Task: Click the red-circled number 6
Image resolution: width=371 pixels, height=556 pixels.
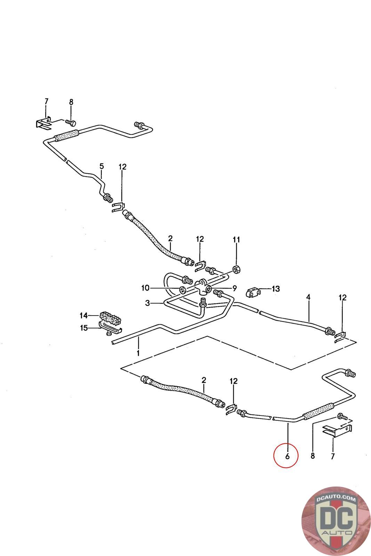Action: (x=287, y=456)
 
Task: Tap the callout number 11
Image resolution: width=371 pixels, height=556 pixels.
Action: (x=236, y=239)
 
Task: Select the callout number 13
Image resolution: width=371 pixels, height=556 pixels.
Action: (x=276, y=289)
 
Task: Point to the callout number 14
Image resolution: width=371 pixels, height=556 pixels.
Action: (x=83, y=316)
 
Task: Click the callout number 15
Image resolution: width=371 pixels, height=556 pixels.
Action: (x=84, y=328)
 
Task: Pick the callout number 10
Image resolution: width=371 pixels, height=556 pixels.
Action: (x=145, y=288)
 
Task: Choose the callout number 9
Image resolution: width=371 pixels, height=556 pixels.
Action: (x=234, y=288)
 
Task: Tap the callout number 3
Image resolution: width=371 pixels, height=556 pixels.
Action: (x=147, y=303)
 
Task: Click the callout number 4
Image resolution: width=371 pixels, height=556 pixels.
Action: (x=308, y=297)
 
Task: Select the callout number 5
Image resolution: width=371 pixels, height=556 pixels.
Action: (x=102, y=166)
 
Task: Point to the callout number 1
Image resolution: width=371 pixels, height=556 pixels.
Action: (x=138, y=353)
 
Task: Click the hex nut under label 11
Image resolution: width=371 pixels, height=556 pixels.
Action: (x=236, y=269)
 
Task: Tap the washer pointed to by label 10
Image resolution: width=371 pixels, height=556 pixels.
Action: (x=182, y=289)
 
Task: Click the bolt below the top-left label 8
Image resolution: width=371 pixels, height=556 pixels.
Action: (x=71, y=122)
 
